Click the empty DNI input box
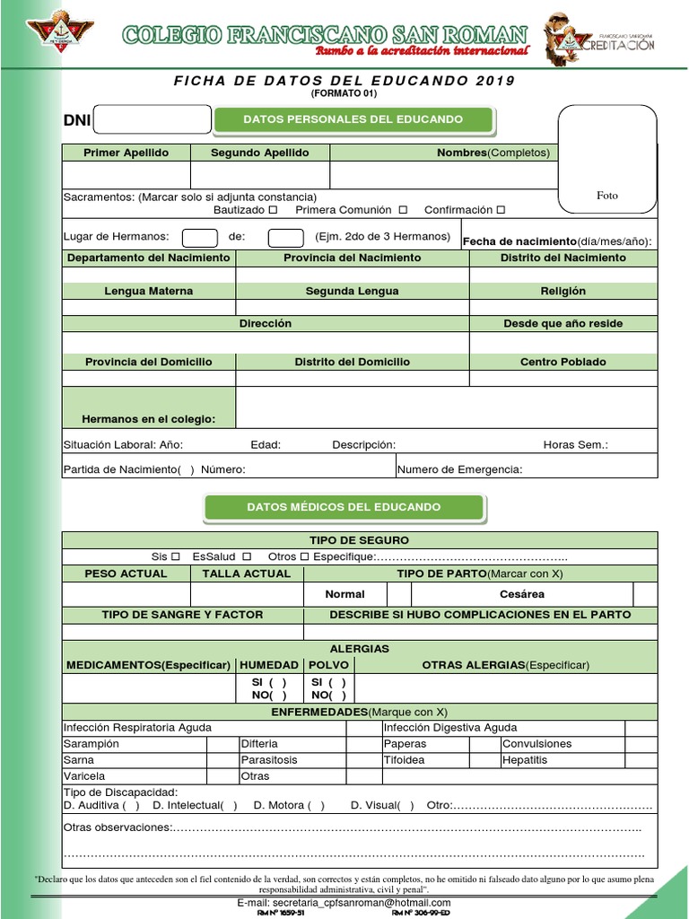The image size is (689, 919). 152,119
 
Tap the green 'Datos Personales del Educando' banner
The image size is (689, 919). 353,119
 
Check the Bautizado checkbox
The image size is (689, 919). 273,210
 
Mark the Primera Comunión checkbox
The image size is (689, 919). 403,210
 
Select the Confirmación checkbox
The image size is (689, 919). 501,210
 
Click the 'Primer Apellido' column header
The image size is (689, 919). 126,153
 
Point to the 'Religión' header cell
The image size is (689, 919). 563,291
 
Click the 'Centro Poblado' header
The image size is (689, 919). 563,362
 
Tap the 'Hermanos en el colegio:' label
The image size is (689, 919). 148,419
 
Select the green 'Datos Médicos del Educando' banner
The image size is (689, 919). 344,507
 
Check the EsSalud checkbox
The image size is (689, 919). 247,556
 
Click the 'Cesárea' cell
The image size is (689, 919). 521,594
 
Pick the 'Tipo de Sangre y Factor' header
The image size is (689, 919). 182,615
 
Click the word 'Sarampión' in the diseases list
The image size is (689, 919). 92,744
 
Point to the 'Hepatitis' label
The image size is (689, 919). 525,760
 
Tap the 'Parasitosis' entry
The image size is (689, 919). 268,760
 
